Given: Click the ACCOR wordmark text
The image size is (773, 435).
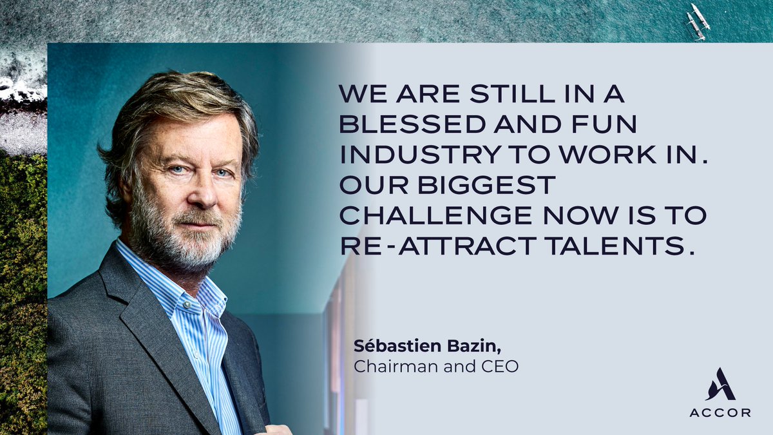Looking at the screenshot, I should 720,413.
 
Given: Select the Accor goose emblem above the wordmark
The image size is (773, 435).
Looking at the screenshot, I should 720,385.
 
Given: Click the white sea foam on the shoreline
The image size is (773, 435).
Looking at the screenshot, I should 19,87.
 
